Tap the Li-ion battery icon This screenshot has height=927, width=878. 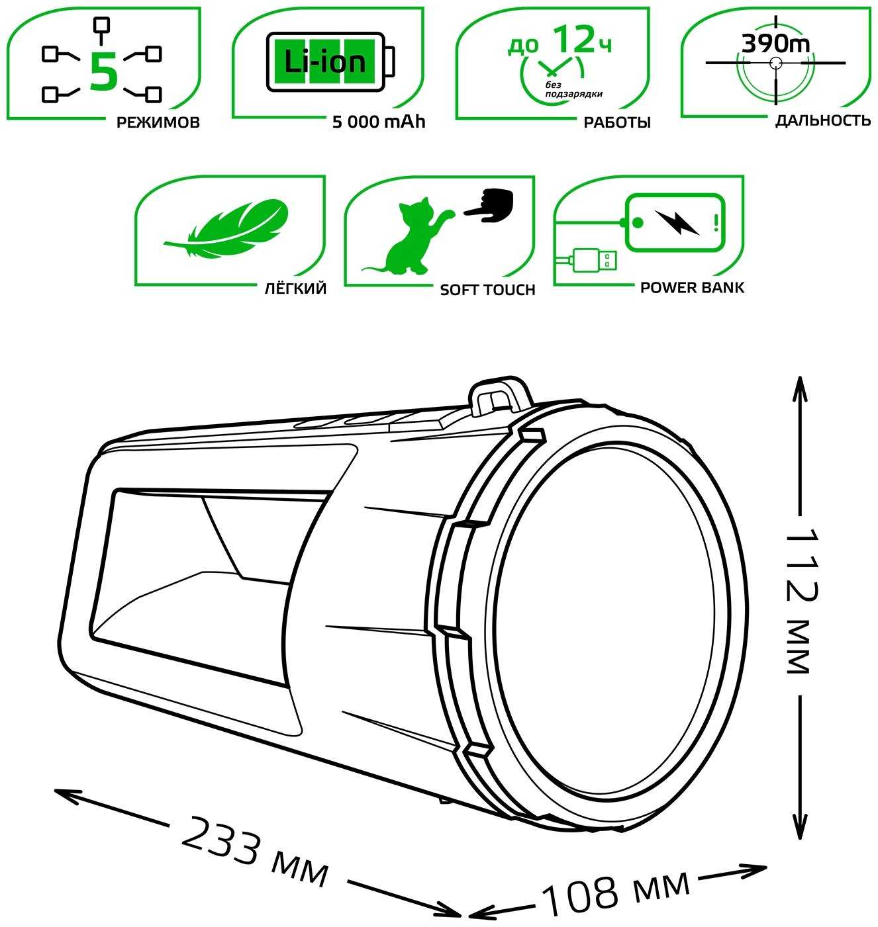(x=330, y=62)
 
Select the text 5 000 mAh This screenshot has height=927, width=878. (x=378, y=122)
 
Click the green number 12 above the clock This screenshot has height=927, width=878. (x=573, y=40)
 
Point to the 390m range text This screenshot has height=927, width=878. (x=775, y=44)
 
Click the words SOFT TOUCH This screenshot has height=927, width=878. (x=487, y=290)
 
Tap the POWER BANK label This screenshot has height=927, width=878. (x=692, y=288)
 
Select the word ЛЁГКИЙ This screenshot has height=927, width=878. (x=293, y=288)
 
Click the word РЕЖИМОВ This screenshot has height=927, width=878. (x=158, y=122)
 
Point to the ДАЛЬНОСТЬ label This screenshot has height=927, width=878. (x=822, y=120)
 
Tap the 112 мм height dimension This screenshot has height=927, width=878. (x=799, y=600)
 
